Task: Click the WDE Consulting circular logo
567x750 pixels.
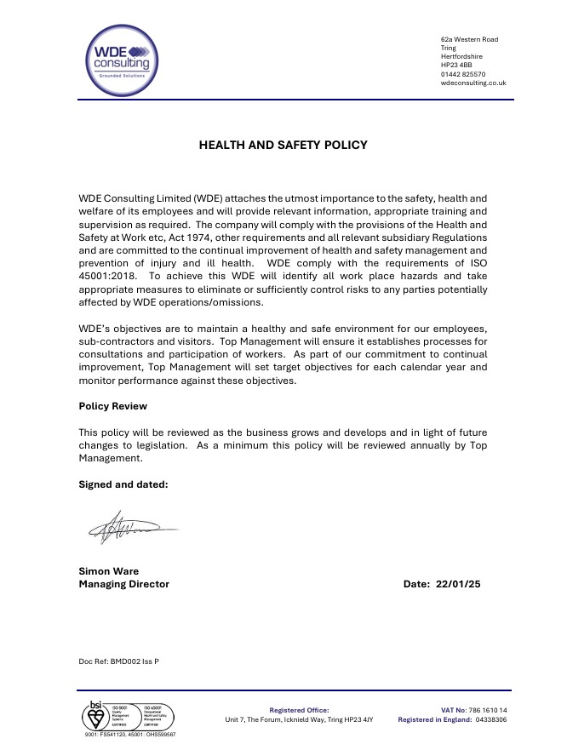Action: tap(122, 56)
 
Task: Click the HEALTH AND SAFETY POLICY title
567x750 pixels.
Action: tap(283, 145)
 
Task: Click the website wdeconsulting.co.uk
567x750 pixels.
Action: tap(473, 83)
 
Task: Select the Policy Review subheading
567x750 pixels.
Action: tap(112, 406)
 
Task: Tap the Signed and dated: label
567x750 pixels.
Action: tap(123, 484)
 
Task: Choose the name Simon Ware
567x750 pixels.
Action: tap(108, 571)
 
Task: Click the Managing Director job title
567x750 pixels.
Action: tap(123, 584)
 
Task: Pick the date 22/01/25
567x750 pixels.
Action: tap(459, 584)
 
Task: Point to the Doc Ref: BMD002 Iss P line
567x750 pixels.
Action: tap(118, 661)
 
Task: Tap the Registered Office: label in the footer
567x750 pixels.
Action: tap(299, 710)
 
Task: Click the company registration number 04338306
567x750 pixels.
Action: tap(490, 719)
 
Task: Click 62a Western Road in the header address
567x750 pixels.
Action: tap(469, 40)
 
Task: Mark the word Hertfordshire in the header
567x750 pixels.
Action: tap(461, 57)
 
